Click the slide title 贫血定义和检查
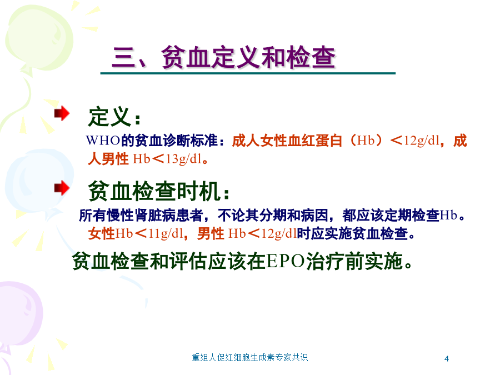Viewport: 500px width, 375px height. pos(248,57)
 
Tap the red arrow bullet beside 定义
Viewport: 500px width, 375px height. pos(62,113)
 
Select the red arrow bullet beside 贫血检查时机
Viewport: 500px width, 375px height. pos(62,188)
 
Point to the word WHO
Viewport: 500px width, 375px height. pos(103,141)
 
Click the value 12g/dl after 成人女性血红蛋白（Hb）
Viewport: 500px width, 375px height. pos(422,141)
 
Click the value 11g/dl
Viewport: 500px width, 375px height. pos(166,234)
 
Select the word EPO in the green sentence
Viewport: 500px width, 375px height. pos(286,261)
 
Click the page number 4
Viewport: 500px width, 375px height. pos(447,359)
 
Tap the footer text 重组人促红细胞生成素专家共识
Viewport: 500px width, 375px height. pos(250,357)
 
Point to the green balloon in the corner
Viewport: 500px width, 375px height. pos(39,38)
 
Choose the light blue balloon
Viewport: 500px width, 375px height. pos(38,182)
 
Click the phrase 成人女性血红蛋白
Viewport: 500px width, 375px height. pos(287,141)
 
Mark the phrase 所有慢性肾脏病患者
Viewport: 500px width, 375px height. pos(141,215)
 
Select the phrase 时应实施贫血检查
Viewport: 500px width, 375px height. pos(352,234)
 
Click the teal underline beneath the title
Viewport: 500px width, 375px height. pos(248,73)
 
